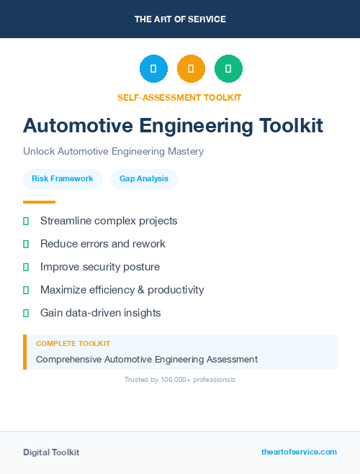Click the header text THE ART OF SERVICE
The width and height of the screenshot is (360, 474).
click(180, 19)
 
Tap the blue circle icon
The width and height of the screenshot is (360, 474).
click(153, 69)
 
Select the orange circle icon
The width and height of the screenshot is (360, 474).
click(191, 69)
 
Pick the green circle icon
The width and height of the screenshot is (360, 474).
click(228, 69)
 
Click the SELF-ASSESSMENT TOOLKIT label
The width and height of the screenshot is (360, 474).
click(179, 97)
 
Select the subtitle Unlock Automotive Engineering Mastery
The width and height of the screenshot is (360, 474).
click(113, 152)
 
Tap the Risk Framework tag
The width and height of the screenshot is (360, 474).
click(63, 179)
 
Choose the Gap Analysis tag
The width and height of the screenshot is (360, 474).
click(144, 179)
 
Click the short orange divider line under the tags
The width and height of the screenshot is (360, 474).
click(39, 202)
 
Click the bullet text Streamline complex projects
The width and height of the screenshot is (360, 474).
click(109, 221)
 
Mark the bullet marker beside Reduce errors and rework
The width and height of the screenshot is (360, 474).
click(26, 245)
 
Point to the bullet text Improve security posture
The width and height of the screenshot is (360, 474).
click(100, 267)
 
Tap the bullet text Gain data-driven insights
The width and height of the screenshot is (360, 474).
click(101, 313)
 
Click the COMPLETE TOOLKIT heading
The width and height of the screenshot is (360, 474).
click(73, 344)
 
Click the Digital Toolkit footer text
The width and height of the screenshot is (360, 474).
click(51, 452)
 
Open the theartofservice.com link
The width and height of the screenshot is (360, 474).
click(299, 452)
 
